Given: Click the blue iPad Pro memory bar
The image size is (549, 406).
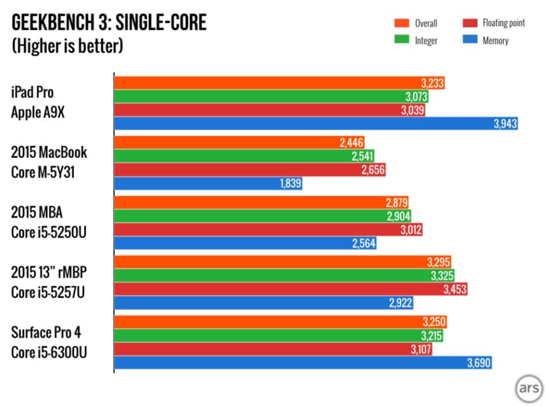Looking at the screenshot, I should point(315,124).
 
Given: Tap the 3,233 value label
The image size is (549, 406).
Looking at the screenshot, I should point(432,83).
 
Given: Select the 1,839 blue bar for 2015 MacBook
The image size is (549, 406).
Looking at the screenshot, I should point(207,184).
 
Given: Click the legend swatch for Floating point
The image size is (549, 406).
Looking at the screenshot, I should point(471,24).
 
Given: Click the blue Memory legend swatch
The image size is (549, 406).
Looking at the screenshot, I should point(471,40).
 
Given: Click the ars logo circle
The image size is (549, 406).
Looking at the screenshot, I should point(527,388).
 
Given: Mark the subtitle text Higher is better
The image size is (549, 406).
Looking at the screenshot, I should point(68,46).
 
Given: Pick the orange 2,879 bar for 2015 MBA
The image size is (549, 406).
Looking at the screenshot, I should point(261,202).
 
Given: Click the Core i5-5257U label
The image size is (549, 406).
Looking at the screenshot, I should point(50,292).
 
